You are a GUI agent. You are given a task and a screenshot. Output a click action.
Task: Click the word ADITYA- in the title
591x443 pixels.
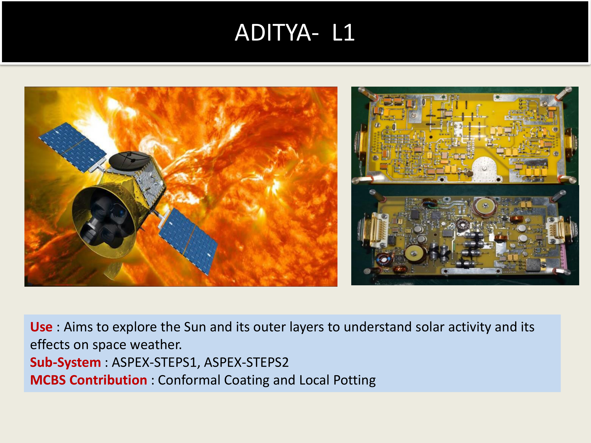click(277, 32)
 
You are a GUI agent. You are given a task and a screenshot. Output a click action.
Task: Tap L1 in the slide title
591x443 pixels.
click(343, 32)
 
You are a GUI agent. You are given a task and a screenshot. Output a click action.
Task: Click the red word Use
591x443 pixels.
click(41, 327)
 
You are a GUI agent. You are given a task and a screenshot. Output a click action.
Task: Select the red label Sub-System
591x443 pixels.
click(65, 362)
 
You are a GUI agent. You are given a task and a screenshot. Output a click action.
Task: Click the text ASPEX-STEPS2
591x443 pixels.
click(246, 362)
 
